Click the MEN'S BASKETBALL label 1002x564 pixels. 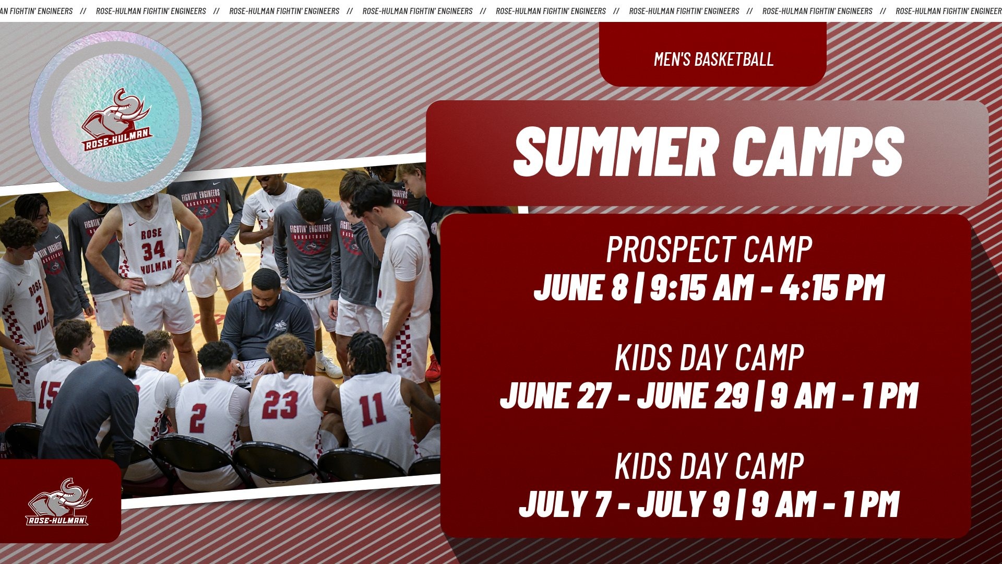pyautogui.click(x=713, y=59)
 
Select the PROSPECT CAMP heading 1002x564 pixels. pyautogui.click(x=709, y=250)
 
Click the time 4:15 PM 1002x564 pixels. pyautogui.click(x=832, y=288)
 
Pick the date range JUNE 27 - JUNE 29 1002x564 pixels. pyautogui.click(x=625, y=396)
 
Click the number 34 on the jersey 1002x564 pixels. pyautogui.click(x=153, y=250)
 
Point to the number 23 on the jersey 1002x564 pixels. pyautogui.click(x=280, y=405)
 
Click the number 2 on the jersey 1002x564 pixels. pyautogui.click(x=198, y=418)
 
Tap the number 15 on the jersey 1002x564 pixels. pyautogui.click(x=49, y=395)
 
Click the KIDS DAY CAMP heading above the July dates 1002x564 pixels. pyautogui.click(x=709, y=466)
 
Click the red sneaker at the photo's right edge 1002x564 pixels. pyautogui.click(x=433, y=370)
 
